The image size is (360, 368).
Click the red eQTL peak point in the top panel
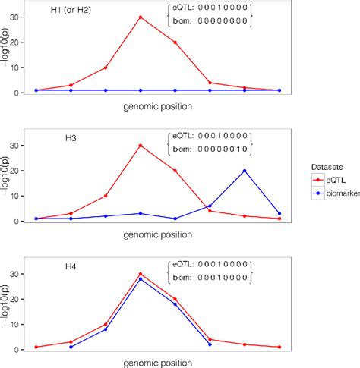pyautogui.click(x=141, y=17)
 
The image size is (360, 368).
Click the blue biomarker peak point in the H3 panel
pyautogui.click(x=245, y=171)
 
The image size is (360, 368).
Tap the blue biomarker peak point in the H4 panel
pyautogui.click(x=141, y=278)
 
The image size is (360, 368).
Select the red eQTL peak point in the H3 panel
pyautogui.click(x=141, y=145)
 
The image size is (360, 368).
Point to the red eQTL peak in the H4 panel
pyautogui.click(x=141, y=274)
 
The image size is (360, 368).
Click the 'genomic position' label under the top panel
pyautogui.click(x=157, y=106)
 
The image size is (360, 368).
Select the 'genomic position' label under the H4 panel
pyautogui.click(x=157, y=363)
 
